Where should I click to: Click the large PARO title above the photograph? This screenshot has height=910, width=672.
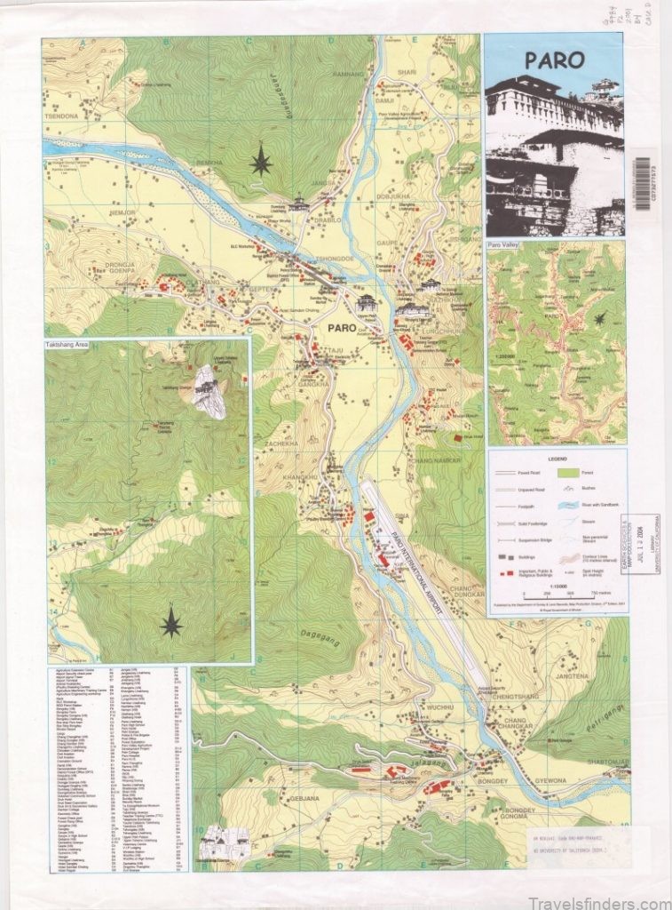pyautogui.click(x=554, y=60)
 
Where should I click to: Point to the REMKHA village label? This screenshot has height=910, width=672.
pyautogui.click(x=210, y=164)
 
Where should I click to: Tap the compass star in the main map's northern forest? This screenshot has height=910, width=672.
pyautogui.click(x=261, y=160)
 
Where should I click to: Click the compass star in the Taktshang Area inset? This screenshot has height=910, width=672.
pyautogui.click(x=170, y=624)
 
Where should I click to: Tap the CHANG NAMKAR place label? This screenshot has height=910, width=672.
pyautogui.click(x=437, y=460)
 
